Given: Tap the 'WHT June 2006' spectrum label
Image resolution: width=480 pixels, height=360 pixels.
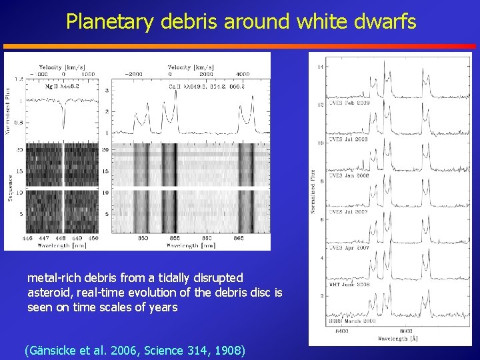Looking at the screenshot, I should click(x=350, y=285).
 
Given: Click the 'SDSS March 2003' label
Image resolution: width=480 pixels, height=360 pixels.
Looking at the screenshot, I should click(x=352, y=321).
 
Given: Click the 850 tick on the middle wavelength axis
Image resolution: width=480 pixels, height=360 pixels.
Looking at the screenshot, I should click(x=143, y=238).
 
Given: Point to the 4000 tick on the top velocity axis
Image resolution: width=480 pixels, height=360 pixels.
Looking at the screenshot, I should click(x=242, y=74).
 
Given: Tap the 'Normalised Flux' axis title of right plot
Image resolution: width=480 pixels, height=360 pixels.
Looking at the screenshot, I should click(x=313, y=190).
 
